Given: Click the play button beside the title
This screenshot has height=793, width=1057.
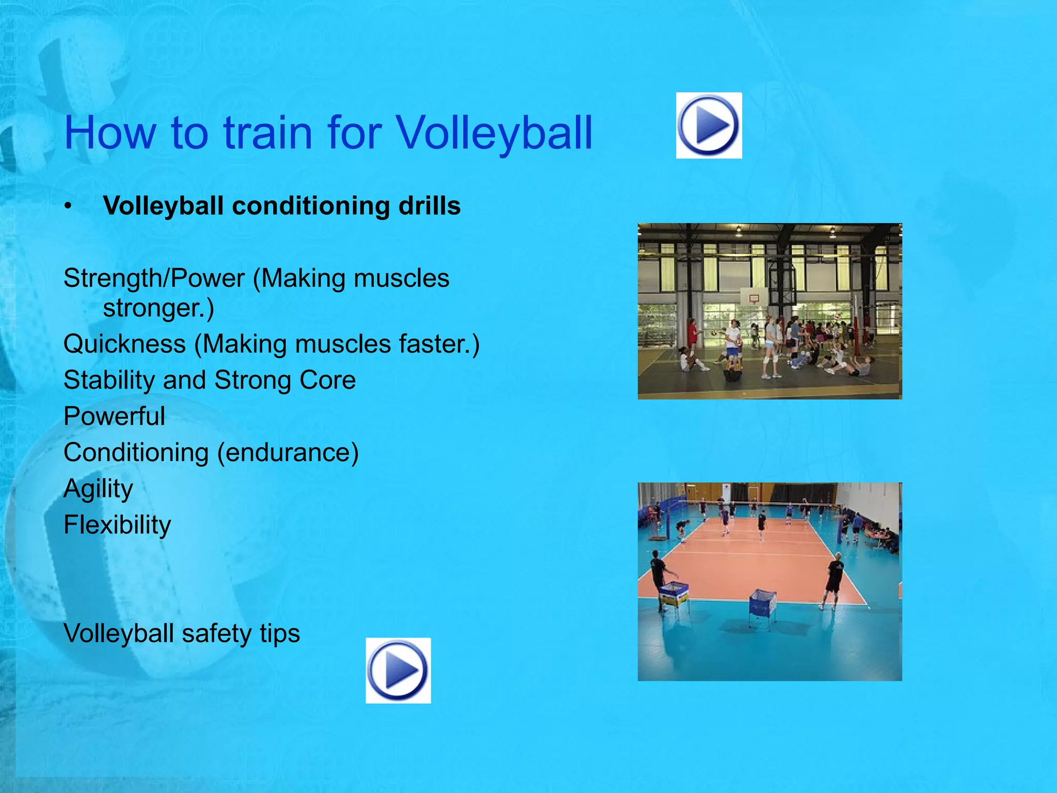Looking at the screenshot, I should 709,125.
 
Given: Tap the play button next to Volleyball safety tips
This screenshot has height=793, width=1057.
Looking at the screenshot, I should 398,670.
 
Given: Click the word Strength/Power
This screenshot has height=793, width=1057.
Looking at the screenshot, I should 154,278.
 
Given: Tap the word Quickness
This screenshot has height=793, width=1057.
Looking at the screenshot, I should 124,344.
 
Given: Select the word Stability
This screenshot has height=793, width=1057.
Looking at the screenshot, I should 109,380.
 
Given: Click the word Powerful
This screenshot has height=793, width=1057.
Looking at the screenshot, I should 114,416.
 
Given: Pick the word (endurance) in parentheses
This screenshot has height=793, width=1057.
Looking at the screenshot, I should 287,453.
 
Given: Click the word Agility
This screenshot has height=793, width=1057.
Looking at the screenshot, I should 98,489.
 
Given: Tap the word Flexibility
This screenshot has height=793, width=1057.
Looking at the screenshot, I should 117,525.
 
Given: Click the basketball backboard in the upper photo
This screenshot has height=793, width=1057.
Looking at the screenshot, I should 754,297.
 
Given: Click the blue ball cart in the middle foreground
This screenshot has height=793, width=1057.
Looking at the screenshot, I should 763,605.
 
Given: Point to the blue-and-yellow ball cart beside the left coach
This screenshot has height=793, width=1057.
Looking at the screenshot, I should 674,594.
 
